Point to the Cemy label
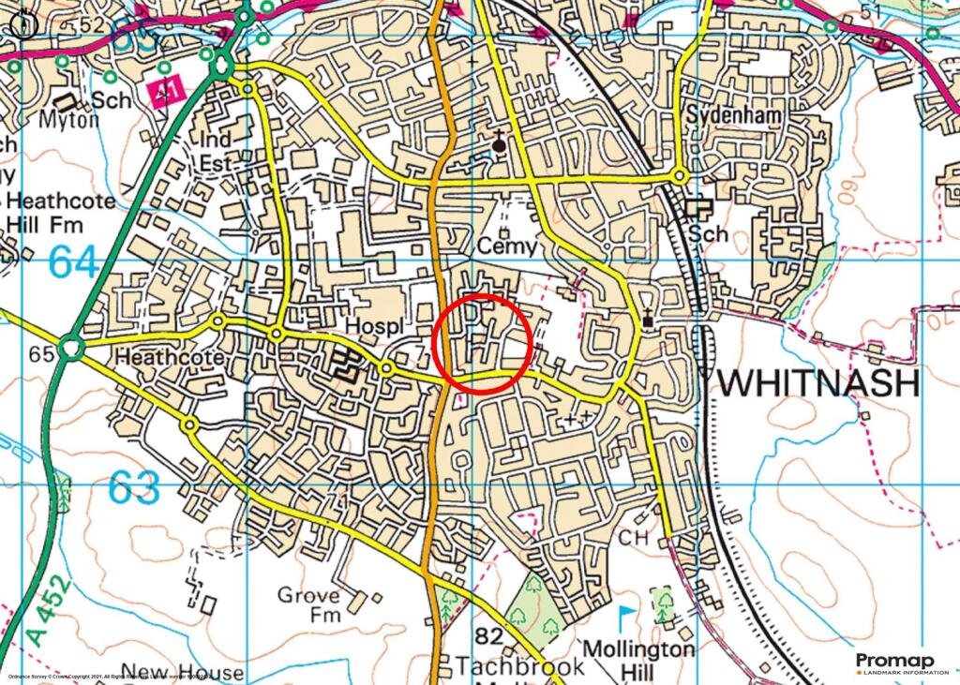click(x=506, y=246)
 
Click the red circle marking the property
click(x=486, y=343)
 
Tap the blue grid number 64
click(x=73, y=261)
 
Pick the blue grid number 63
click(x=133, y=488)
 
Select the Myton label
click(x=68, y=120)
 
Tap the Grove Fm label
click(x=308, y=604)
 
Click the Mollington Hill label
click(x=639, y=659)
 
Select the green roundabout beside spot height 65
click(x=70, y=350)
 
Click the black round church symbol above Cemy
click(x=500, y=145)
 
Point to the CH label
click(x=634, y=538)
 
